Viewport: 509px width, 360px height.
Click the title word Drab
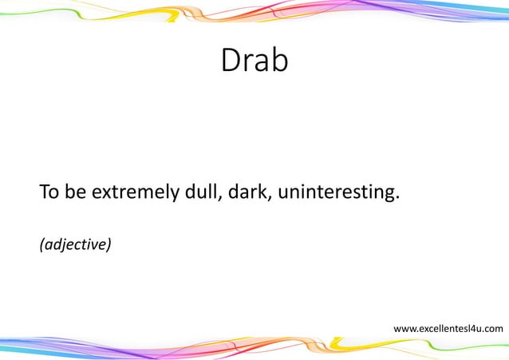tap(254, 61)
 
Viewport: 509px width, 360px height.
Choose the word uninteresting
tap(335, 194)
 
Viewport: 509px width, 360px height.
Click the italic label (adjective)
tap(75, 243)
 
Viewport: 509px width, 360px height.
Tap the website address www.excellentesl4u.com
tap(448, 328)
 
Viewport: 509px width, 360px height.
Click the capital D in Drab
tap(231, 61)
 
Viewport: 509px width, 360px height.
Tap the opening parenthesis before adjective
tap(41, 243)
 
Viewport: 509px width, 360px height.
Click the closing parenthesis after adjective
tap(109, 243)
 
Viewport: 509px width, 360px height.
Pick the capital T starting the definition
tap(43, 193)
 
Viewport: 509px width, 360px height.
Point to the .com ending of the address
tap(492, 328)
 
